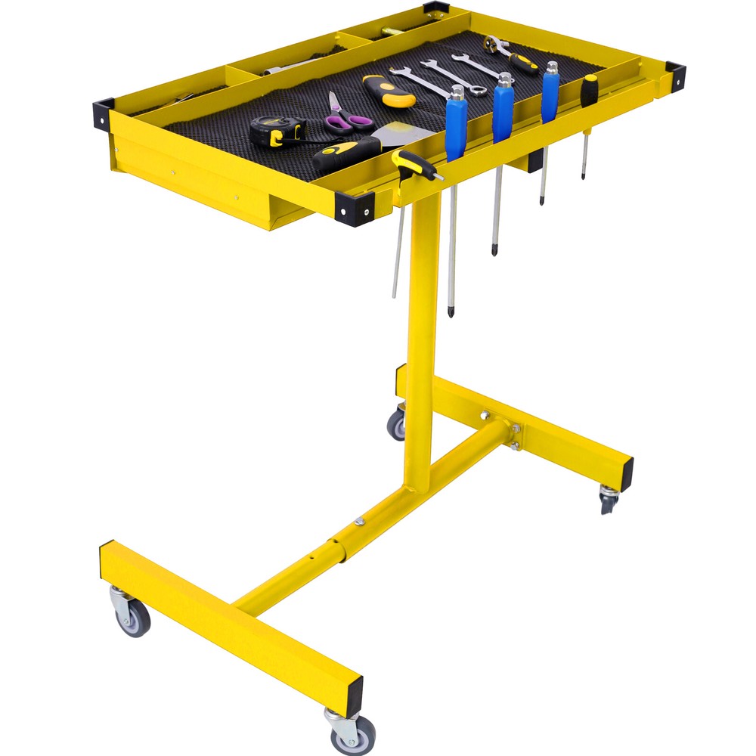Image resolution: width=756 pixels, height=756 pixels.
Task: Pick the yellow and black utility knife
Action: click(389, 90)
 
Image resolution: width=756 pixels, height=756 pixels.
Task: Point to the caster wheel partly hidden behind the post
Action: click(397, 425)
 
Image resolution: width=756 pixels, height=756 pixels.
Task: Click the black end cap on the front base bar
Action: click(353, 692)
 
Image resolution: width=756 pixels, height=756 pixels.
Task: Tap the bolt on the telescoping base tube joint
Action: click(358, 521)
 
